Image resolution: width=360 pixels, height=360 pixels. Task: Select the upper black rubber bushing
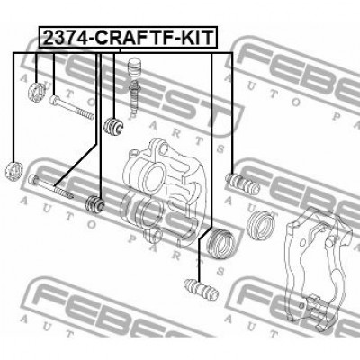pos(114,125)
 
